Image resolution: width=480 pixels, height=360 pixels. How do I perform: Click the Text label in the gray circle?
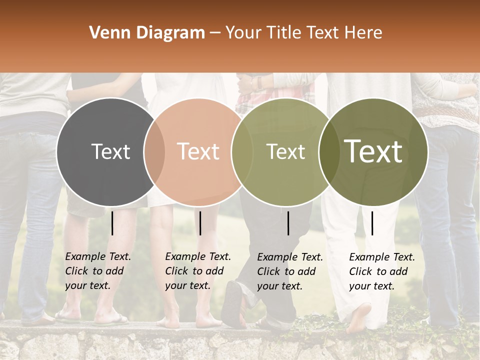coord(110,151)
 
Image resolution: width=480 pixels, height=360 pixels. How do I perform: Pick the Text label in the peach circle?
coord(198,151)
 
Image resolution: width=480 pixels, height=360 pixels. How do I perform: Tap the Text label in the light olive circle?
coord(285,151)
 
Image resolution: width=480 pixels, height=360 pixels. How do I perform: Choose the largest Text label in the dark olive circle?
coord(373,151)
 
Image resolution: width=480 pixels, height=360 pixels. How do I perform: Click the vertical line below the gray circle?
coord(112,223)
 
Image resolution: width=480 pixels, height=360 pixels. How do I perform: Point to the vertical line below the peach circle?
coord(200,223)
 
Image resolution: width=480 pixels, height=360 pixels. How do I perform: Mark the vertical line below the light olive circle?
coord(288,223)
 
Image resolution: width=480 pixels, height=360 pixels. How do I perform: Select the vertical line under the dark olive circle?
coord(372,223)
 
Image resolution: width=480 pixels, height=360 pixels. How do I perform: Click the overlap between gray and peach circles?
coord(154,151)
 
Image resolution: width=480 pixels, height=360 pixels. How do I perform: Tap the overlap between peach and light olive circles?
coord(238,151)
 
